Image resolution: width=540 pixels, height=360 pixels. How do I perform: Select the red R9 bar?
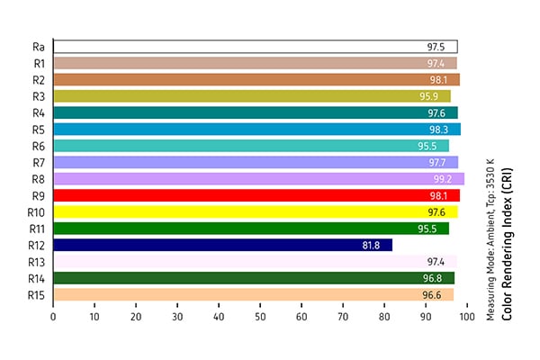pyautogui.click(x=256, y=195)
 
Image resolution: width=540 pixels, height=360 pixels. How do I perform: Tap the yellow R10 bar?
pyautogui.click(x=256, y=211)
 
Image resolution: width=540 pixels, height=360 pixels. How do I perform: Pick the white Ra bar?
pyautogui.click(x=256, y=47)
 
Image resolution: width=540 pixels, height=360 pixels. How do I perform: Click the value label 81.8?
pyautogui.click(x=371, y=245)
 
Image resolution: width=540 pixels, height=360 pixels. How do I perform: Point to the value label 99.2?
pyautogui.click(x=442, y=179)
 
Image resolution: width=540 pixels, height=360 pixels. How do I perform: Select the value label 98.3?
pyautogui.click(x=438, y=130)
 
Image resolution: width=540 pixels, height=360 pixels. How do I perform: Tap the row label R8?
pyautogui.click(x=38, y=179)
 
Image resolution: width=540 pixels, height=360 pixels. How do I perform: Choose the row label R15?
pyautogui.click(x=36, y=294)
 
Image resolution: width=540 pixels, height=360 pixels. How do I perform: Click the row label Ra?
pyautogui.click(x=38, y=47)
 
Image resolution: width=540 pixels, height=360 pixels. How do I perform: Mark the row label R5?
pyautogui.click(x=38, y=130)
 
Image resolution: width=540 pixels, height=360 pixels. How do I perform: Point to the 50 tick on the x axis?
pyautogui.click(x=260, y=318)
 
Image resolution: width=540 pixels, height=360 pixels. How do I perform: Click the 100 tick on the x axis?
pyautogui.click(x=466, y=318)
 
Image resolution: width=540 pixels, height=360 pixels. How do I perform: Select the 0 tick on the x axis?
pyautogui.click(x=53, y=318)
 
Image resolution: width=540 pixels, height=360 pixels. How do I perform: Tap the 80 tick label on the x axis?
pyautogui.click(x=384, y=318)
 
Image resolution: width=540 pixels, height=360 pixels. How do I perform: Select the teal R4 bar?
pyautogui.click(x=256, y=112)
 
